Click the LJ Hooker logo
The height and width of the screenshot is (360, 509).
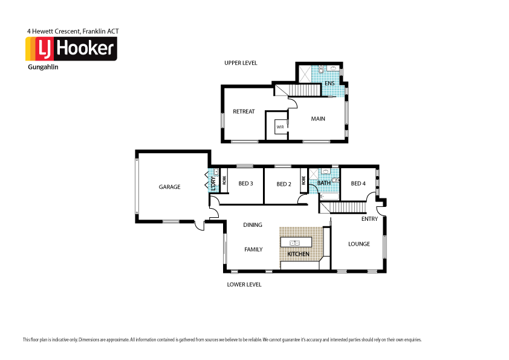pyautogui.click(x=71, y=49)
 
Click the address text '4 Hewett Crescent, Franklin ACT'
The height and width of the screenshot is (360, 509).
pyautogui.click(x=77, y=30)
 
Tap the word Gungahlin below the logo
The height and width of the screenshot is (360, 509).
pyautogui.click(x=43, y=67)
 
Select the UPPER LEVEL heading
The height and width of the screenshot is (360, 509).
pyautogui.click(x=241, y=63)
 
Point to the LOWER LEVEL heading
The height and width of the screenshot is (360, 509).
pyautogui.click(x=244, y=284)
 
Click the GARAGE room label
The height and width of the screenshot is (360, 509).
pyautogui.click(x=169, y=187)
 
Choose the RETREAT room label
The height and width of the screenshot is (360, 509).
pyautogui.click(x=244, y=111)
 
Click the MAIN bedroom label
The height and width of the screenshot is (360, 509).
pyautogui.click(x=318, y=119)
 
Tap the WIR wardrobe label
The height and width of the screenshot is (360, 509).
pyautogui.click(x=280, y=128)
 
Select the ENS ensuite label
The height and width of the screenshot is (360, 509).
pyautogui.click(x=329, y=83)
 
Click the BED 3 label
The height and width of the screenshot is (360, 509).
pyautogui.click(x=245, y=184)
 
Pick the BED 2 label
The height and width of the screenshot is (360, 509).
pyautogui.click(x=284, y=184)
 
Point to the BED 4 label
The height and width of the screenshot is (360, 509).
pyautogui.click(x=358, y=183)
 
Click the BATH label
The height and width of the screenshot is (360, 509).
pyautogui.click(x=324, y=183)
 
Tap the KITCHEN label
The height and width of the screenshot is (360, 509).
pyautogui.click(x=298, y=254)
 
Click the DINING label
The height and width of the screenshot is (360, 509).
pyautogui.click(x=253, y=225)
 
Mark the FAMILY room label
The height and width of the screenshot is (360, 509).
pyautogui.click(x=253, y=249)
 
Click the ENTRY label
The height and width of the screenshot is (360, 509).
pyautogui.click(x=369, y=219)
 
